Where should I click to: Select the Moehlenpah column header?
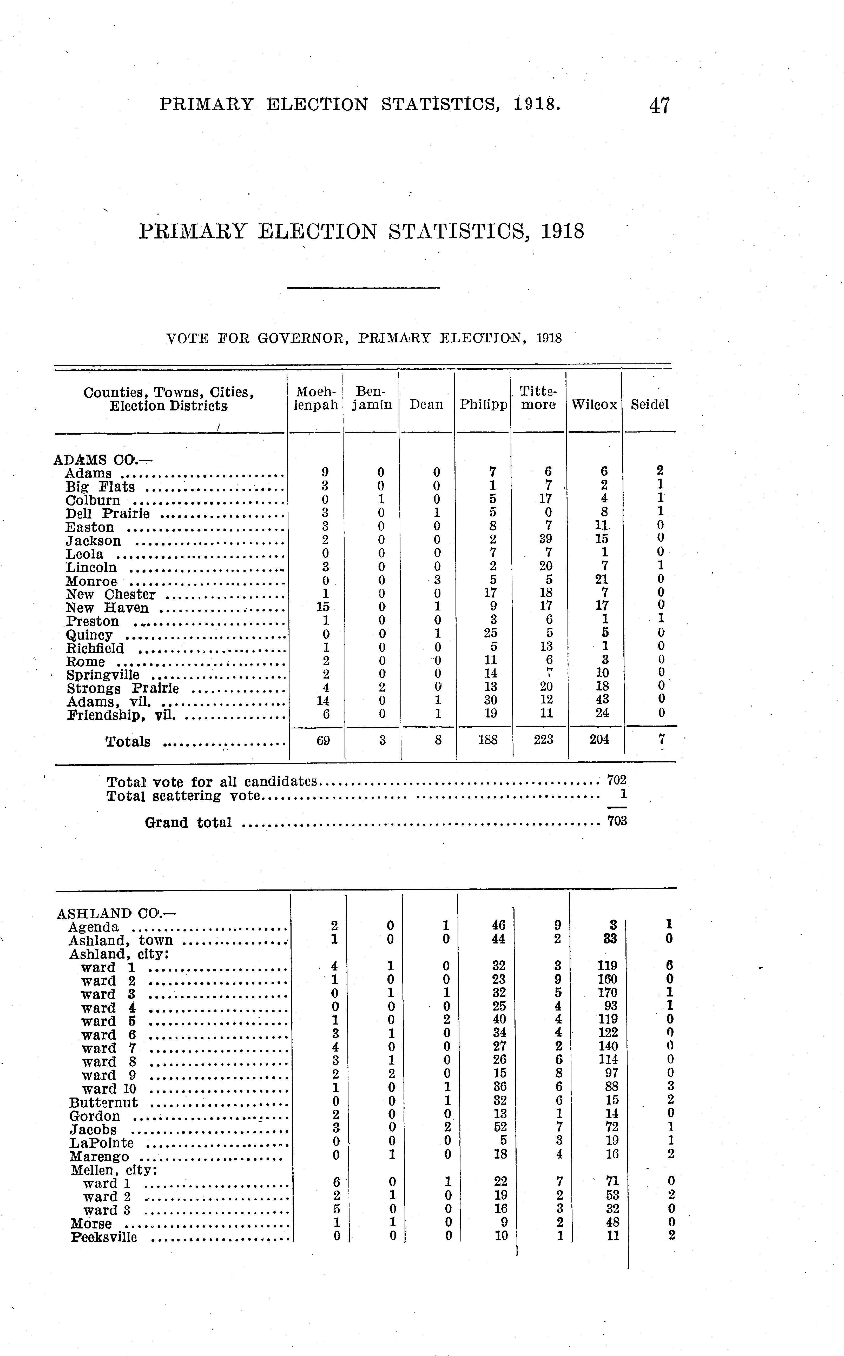[316, 398]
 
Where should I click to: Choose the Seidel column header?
[649, 404]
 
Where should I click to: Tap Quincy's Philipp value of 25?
[491, 633]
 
